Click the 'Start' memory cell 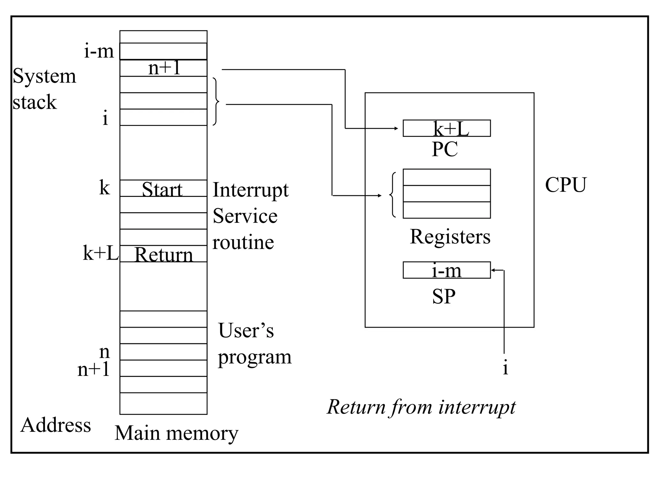pos(163,189)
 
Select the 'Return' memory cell pos(163,254)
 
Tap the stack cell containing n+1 pos(163,68)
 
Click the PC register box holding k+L pos(446,128)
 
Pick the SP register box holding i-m pos(446,270)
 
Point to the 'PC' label pos(445,149)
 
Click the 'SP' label pos(444,296)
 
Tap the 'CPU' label pos(566,185)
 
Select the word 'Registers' pos(450,237)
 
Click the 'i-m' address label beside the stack pos(99,51)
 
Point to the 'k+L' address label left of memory pos(100,253)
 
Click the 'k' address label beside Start pos(104,188)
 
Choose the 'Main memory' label pos(176,433)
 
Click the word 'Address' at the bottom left pos(56,425)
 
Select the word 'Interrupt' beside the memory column pos(251,190)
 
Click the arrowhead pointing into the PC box pos(396,129)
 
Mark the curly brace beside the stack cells pos(216,102)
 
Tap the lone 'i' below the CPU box pos(505,368)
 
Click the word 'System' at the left pos(44,76)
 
